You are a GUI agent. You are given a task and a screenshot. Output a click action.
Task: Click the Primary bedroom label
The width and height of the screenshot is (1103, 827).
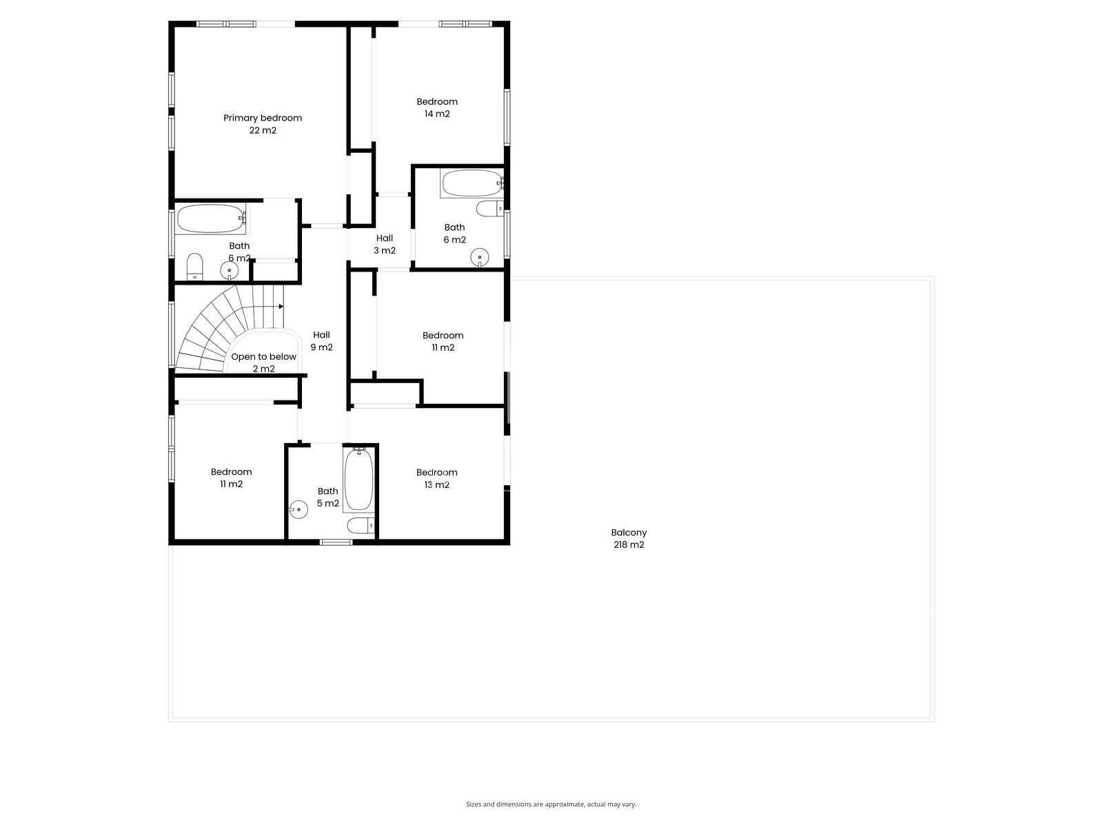click(263, 124)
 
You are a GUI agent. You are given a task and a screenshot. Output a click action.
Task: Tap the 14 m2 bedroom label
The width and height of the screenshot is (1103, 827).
click(436, 108)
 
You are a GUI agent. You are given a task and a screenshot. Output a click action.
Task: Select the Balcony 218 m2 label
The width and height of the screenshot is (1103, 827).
click(629, 538)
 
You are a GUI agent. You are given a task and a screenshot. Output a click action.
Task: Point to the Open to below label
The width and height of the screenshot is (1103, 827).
click(263, 363)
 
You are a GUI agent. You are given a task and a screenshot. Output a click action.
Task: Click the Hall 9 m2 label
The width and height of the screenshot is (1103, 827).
click(322, 340)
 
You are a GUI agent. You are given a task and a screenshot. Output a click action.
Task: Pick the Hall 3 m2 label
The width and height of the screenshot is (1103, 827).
click(385, 244)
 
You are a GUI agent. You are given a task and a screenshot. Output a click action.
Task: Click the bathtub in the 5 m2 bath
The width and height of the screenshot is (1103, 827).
click(358, 480)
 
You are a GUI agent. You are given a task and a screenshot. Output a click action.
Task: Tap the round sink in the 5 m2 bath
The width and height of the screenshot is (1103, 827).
click(298, 510)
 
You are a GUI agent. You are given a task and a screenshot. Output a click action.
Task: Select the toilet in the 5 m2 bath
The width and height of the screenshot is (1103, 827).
click(361, 526)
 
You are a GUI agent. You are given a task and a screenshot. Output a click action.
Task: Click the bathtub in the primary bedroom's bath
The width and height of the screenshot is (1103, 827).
click(210, 218)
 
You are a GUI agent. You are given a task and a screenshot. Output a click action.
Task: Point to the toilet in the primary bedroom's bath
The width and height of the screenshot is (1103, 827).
click(194, 267)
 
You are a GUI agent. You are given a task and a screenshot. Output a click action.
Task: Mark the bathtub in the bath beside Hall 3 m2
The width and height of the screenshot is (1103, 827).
click(472, 183)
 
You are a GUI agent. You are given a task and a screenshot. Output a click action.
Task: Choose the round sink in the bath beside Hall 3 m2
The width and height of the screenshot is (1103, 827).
click(479, 258)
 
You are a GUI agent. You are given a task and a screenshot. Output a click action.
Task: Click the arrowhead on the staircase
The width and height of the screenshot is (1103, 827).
click(281, 306)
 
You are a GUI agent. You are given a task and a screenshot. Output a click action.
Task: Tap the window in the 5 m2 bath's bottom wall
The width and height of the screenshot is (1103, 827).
click(336, 542)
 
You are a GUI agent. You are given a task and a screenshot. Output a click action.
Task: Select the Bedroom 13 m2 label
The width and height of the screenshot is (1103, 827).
click(436, 478)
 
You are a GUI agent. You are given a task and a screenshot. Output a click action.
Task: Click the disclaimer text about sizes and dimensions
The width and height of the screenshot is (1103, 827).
click(551, 804)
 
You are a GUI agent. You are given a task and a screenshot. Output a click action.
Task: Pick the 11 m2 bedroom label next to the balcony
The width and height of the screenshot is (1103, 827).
click(443, 341)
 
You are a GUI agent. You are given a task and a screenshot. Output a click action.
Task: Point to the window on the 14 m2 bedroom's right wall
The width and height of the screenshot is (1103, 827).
click(507, 117)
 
